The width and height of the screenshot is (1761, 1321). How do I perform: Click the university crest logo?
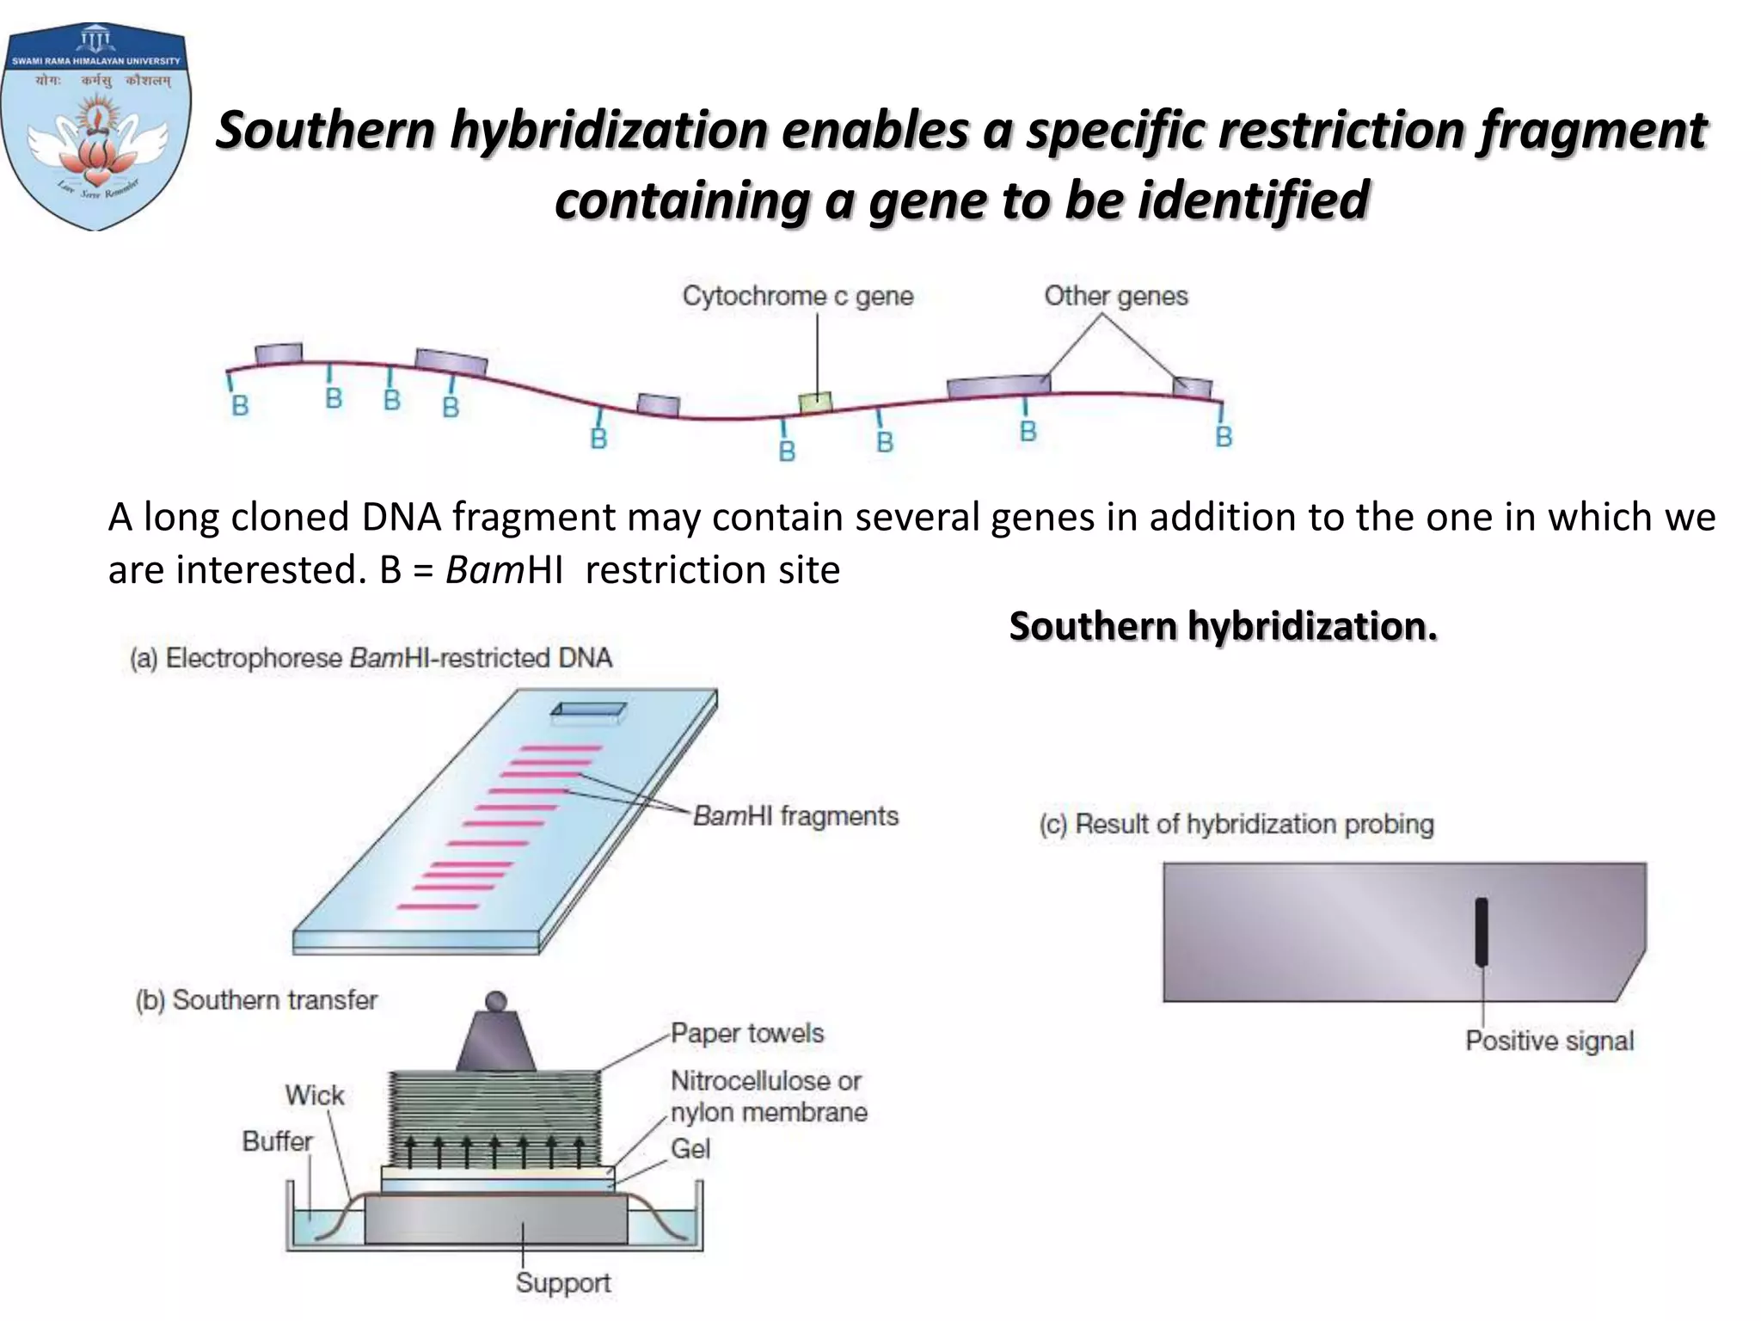pyautogui.click(x=95, y=127)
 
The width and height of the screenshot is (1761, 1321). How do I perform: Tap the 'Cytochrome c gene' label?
pyautogui.click(x=797, y=296)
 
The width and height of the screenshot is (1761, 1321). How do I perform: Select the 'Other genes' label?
pyautogui.click(x=1115, y=296)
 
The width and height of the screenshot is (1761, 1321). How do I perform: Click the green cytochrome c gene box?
pyautogui.click(x=815, y=402)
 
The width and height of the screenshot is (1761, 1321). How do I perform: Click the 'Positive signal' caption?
pyautogui.click(x=1549, y=1041)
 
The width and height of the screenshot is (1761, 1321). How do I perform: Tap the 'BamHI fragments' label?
pyautogui.click(x=795, y=815)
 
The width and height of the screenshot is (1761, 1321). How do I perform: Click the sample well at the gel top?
pyautogui.click(x=588, y=710)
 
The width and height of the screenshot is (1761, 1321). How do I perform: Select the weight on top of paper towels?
pyautogui.click(x=496, y=1036)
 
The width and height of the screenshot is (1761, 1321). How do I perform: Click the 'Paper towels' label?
pyautogui.click(x=746, y=1033)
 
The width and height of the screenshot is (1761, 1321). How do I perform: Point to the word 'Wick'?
pyautogui.click(x=315, y=1095)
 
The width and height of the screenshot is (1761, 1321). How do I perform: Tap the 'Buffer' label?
pyautogui.click(x=277, y=1141)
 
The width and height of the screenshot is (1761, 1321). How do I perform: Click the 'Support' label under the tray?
pyautogui.click(x=563, y=1282)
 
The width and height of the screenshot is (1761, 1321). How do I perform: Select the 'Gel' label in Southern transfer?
pyautogui.click(x=690, y=1149)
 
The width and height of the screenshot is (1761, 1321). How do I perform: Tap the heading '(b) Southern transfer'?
pyautogui.click(x=256, y=1000)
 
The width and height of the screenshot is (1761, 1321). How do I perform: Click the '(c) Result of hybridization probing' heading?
pyautogui.click(x=1236, y=824)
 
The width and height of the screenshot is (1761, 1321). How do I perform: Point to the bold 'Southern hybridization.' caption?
pyautogui.click(x=1223, y=625)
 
